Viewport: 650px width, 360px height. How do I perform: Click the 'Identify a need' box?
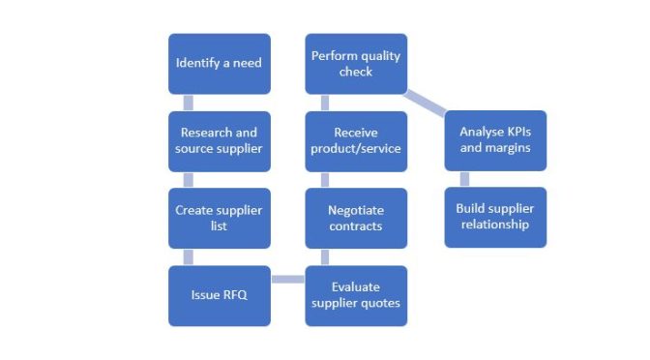[x=219, y=64]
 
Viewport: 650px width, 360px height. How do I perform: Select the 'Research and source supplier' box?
[x=219, y=140]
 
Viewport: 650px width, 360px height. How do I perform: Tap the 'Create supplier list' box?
[x=219, y=217]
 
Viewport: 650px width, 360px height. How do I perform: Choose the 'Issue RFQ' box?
[x=219, y=294]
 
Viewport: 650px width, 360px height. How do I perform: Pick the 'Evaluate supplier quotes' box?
[x=356, y=294]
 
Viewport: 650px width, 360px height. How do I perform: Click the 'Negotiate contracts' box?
[x=356, y=218]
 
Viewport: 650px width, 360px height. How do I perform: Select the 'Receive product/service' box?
[x=356, y=140]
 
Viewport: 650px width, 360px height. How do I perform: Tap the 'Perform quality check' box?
[x=356, y=64]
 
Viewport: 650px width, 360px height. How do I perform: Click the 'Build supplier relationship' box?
[x=494, y=217]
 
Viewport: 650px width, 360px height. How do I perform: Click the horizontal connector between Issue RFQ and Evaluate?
[x=287, y=281]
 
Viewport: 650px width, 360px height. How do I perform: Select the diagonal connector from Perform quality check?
[x=426, y=103]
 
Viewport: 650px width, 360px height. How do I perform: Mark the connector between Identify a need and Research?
[x=188, y=103]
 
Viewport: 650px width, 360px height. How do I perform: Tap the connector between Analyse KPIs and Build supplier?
[x=464, y=179]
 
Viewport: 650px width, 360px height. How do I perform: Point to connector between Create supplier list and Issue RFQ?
[x=188, y=256]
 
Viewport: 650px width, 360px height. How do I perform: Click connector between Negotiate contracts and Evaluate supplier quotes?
[x=325, y=256]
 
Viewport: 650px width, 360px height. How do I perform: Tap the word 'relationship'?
[x=494, y=225]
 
